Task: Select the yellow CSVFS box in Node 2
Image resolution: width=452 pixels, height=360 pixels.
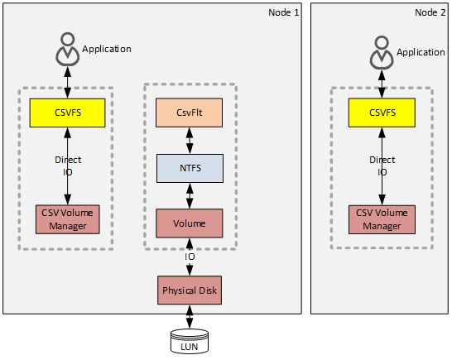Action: click(382, 113)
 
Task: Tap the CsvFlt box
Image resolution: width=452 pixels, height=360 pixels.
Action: click(190, 113)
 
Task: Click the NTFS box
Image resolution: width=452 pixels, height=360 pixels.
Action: click(190, 167)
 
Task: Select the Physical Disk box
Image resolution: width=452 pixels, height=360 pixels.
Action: click(190, 290)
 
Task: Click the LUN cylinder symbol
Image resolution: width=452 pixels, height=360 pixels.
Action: click(190, 340)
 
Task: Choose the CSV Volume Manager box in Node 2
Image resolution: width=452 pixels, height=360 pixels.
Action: click(382, 218)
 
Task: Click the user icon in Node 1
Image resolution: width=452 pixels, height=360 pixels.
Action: click(67, 50)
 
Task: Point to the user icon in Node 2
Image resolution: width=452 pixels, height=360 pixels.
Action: click(382, 53)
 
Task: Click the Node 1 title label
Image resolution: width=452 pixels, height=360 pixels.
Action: click(284, 12)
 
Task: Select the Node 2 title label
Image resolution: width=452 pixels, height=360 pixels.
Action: click(430, 12)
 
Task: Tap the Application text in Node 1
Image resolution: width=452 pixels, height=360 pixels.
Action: click(106, 49)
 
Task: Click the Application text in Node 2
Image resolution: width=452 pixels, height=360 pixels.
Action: click(421, 52)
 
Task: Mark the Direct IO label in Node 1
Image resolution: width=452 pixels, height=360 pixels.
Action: click(68, 166)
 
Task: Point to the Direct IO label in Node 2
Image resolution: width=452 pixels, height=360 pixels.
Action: click(382, 166)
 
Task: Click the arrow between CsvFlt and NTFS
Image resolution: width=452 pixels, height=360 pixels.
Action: click(190, 141)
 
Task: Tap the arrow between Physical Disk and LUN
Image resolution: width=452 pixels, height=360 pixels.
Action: click(190, 316)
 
